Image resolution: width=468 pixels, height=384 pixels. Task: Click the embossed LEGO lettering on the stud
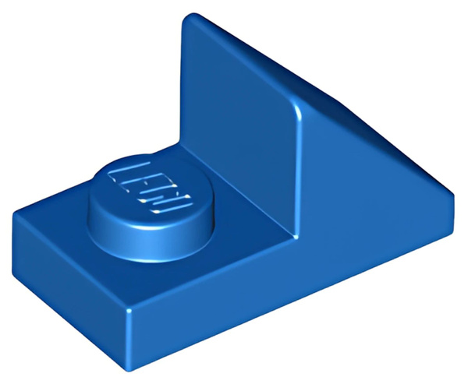pyautogui.click(x=150, y=188)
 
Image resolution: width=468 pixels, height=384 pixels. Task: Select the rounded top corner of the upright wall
pyautogui.click(x=190, y=17)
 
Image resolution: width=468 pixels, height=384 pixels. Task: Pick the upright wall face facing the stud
pyautogui.click(x=239, y=125)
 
